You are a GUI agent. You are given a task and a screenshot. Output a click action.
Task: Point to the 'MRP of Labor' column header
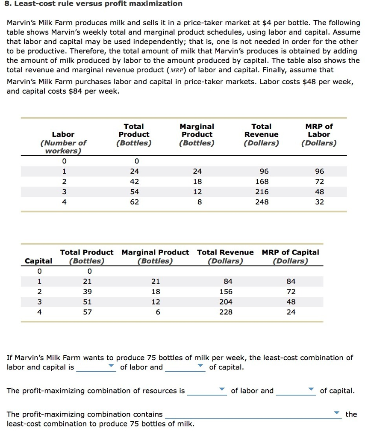319,134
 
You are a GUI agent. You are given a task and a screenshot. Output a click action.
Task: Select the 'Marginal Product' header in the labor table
197,134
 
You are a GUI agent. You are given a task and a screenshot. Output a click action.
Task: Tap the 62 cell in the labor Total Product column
134,202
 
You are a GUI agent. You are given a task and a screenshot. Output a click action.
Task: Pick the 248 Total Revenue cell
262,202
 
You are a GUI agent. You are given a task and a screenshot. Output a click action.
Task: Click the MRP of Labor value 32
319,202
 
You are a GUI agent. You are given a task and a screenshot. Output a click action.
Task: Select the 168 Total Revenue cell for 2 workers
262,181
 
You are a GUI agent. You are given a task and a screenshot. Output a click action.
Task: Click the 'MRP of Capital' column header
291,256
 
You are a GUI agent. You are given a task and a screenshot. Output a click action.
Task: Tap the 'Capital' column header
39,261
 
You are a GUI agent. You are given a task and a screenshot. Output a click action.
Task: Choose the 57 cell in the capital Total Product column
89,312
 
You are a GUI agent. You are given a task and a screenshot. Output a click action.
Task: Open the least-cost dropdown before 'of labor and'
111,367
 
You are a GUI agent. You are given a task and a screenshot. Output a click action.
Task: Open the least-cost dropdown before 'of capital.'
200,367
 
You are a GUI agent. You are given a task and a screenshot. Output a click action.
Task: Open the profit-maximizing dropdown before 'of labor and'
221,390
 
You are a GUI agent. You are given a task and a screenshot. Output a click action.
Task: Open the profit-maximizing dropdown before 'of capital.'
311,390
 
